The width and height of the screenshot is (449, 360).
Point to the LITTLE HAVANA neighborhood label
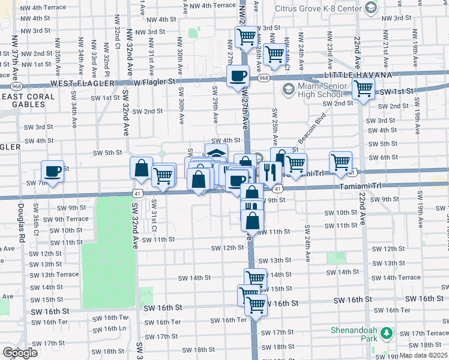click(358, 75)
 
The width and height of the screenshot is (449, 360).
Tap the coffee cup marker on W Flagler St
click(238, 76)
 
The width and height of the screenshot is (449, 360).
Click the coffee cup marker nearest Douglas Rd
click(52, 171)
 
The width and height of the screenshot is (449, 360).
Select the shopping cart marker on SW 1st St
click(363, 89)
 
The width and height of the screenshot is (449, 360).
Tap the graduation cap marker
click(216, 154)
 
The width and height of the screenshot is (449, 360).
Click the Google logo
click(20, 353)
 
